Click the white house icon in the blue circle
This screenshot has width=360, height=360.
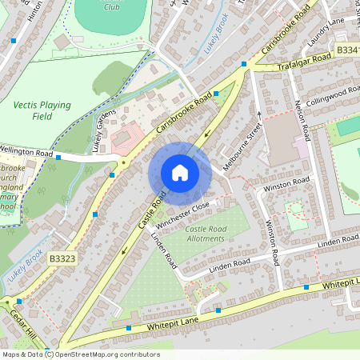(x=180, y=172)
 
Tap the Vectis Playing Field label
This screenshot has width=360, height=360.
(x=42, y=111)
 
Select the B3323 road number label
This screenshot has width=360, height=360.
(x=61, y=259)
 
